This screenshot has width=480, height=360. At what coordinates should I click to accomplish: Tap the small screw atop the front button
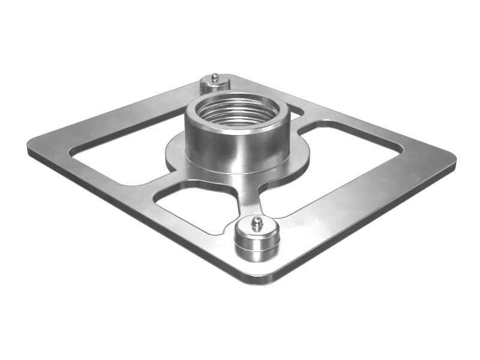click(x=257, y=223)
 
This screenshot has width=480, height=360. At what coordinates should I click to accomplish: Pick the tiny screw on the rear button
click(x=215, y=77)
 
